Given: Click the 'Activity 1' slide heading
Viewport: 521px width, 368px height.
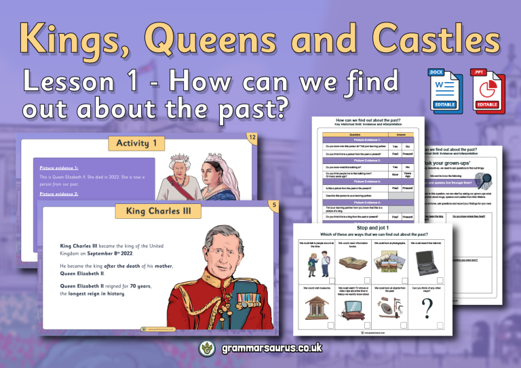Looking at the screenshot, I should coord(140,143).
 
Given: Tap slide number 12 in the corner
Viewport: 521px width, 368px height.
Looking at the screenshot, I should coord(252,138).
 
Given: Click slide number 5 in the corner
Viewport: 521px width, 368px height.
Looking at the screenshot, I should coord(272,205).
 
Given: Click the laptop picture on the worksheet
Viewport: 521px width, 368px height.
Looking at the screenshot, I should coord(429,264).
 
